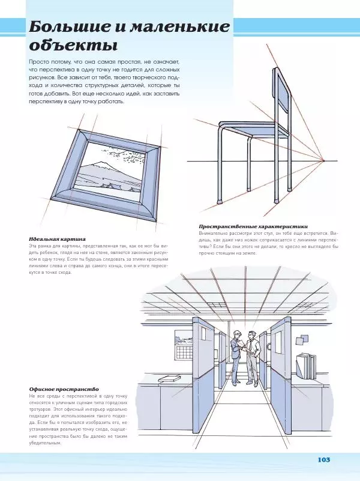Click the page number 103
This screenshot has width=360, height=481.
pos(323,460)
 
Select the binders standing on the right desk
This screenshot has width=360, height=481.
pos(307,366)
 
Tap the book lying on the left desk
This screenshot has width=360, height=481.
pos(170,378)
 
